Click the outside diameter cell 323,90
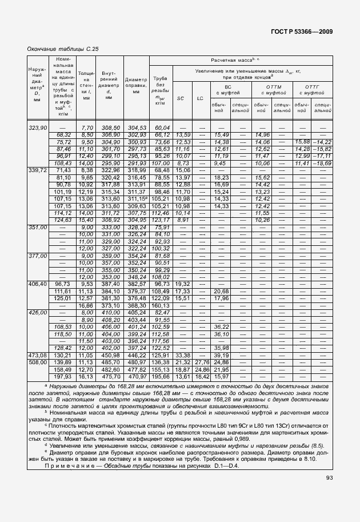[37, 127]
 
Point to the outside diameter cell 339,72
[37, 170]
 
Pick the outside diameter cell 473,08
[37, 355]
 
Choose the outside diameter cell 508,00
[37, 362]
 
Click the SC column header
[181, 98]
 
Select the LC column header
[200, 98]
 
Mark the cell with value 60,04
[162, 127]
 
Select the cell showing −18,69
[323, 163]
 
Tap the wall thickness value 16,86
[86, 305]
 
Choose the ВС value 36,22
[221, 326]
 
